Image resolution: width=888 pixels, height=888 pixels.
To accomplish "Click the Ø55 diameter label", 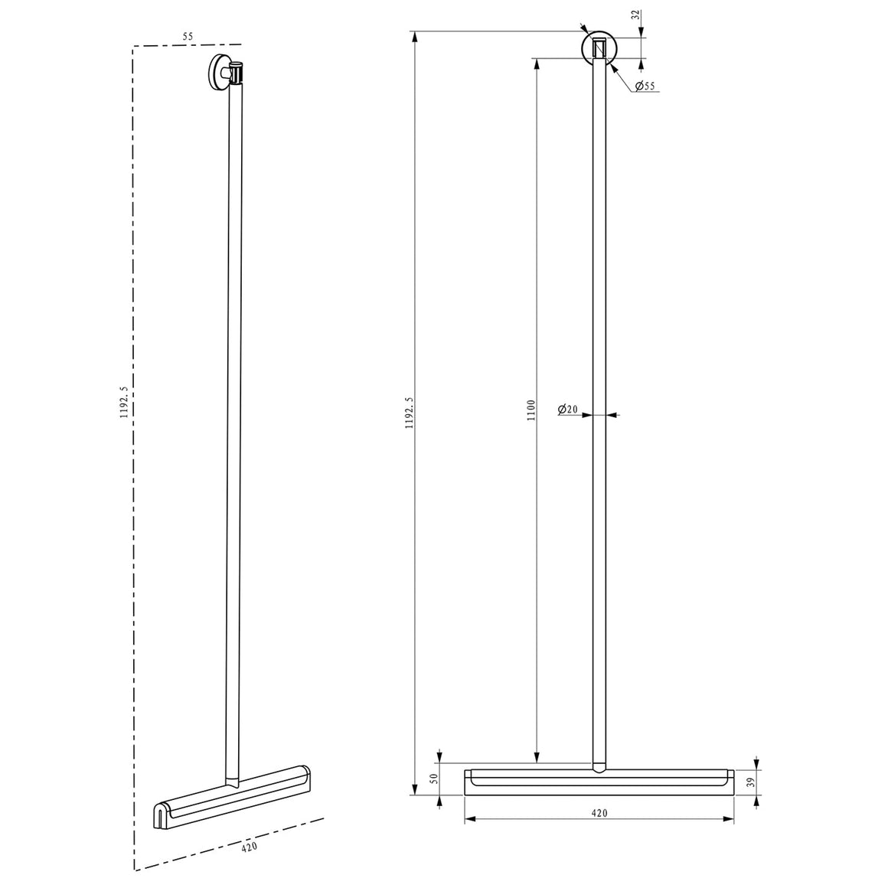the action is (645, 86).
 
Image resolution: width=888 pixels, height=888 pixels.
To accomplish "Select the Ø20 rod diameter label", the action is (567, 409).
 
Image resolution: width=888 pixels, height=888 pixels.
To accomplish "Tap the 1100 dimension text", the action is (531, 410).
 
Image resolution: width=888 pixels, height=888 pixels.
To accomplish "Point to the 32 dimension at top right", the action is (637, 15).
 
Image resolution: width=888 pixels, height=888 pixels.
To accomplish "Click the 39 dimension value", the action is (752, 782).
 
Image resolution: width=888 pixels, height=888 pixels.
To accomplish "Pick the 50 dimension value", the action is (434, 779).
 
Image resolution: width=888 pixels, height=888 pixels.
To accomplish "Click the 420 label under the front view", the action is (599, 813).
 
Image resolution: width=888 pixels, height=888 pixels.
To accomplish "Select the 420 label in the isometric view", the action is (250, 847).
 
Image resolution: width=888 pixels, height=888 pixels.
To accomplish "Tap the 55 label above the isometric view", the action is (188, 36).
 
